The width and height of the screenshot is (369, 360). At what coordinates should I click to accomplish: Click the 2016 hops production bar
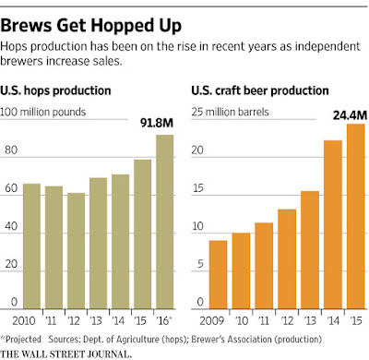coord(165,222)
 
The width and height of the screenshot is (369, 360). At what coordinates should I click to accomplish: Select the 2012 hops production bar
coord(77,251)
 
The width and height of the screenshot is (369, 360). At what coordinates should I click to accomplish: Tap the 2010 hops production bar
coord(31,246)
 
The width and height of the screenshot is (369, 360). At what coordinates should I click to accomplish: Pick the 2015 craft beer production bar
coord(356,216)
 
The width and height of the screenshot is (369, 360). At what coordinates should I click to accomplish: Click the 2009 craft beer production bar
coord(218,275)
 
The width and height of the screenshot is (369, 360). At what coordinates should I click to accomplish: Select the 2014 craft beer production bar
coord(333,224)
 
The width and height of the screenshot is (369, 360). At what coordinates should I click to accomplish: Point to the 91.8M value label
coord(157,123)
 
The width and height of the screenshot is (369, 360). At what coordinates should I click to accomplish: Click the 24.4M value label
coord(351,115)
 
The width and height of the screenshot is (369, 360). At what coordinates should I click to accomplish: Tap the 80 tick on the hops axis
coord(11,150)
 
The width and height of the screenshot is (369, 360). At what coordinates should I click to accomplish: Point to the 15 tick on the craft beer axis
coord(197,188)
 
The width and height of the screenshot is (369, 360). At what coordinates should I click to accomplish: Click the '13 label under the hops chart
coord(96,321)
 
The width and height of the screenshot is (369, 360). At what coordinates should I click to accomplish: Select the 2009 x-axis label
coord(212,321)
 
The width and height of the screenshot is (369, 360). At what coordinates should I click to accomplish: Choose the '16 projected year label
coord(163,321)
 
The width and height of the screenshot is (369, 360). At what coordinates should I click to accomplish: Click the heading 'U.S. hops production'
coord(55,90)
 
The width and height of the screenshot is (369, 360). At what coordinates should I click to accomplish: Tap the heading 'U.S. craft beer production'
coord(260,90)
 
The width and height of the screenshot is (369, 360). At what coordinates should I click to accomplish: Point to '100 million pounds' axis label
coord(42,112)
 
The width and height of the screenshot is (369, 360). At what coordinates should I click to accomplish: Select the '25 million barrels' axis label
coord(231,112)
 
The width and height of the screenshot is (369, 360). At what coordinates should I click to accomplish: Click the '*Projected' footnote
coord(21,340)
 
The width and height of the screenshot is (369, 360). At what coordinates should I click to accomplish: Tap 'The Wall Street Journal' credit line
coord(65,354)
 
